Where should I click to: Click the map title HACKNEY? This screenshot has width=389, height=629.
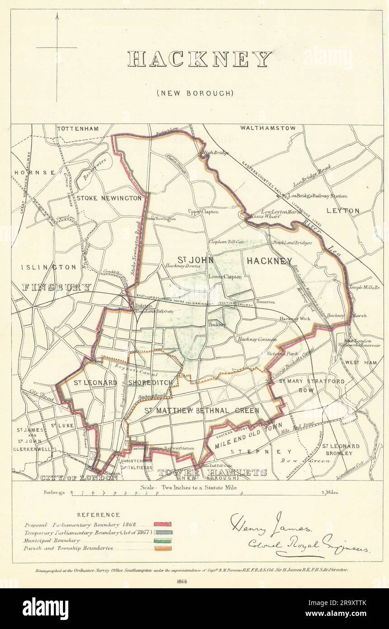(x=199, y=59)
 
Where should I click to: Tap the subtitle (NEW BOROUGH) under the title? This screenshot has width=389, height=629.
(x=195, y=93)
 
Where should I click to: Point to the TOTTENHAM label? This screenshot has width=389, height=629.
(x=78, y=129)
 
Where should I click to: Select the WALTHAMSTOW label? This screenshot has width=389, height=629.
(x=268, y=128)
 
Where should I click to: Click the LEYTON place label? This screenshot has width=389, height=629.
(x=342, y=211)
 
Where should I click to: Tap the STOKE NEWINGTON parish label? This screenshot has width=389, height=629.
(x=109, y=198)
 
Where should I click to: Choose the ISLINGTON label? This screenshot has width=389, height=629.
(x=49, y=267)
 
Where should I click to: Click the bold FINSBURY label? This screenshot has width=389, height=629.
(x=57, y=287)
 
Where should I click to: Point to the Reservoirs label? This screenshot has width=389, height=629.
(x=95, y=166)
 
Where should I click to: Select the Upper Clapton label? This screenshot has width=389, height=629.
(x=203, y=212)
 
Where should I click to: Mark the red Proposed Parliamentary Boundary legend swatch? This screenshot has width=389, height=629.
(x=162, y=524)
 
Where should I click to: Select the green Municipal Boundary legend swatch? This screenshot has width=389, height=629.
(x=162, y=540)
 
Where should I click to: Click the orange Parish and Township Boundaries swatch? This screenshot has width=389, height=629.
(x=162, y=548)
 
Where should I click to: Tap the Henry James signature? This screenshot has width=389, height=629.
(x=270, y=525)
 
